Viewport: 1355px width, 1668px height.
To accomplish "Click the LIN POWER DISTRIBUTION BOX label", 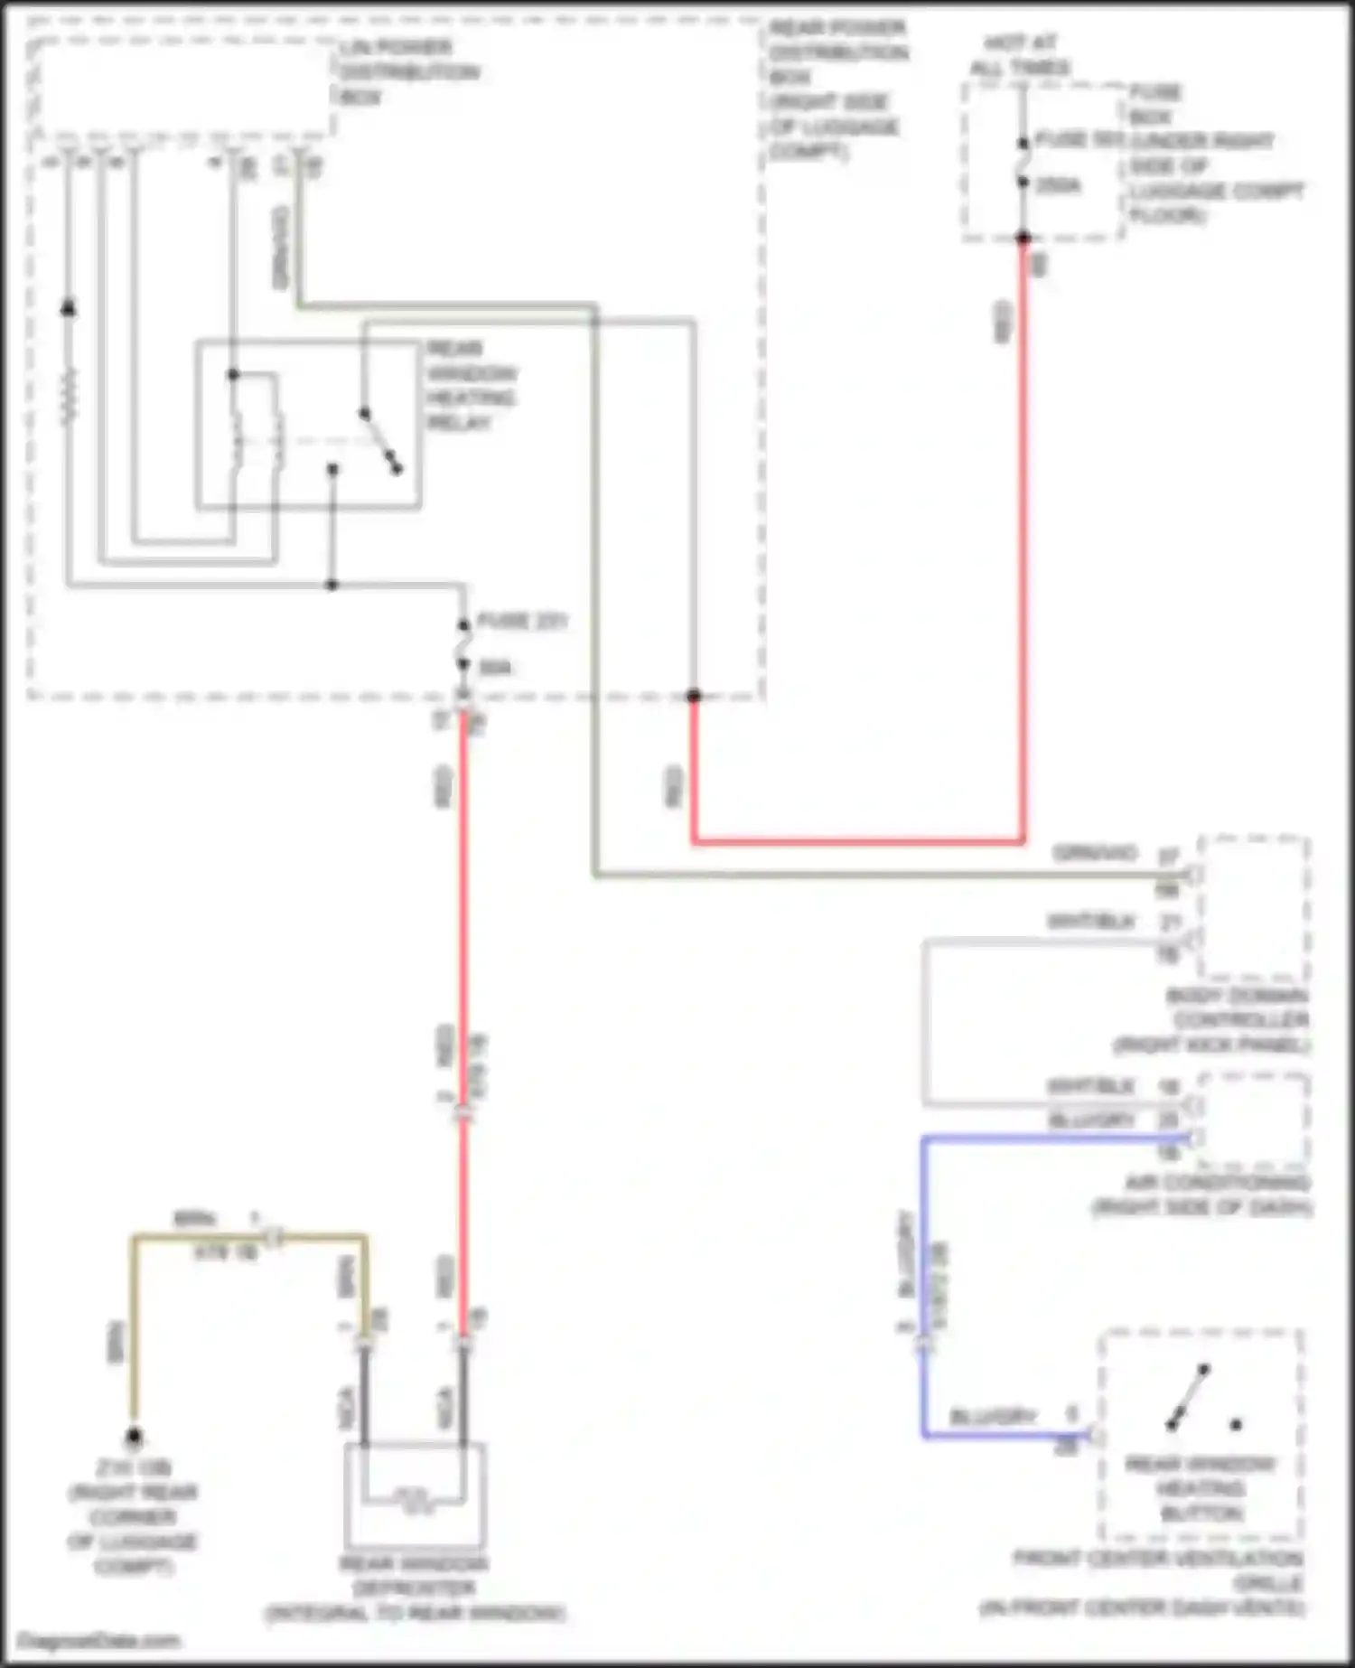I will coord(408,72).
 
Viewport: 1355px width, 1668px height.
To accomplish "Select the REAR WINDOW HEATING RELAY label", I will coord(471,386).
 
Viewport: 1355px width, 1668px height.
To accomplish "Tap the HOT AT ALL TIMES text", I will coord(1020,55).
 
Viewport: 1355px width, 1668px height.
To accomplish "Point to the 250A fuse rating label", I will coord(1058,186).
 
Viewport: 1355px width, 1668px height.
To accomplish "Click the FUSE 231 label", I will coord(521,622).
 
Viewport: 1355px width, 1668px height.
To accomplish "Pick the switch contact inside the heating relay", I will coord(380,441).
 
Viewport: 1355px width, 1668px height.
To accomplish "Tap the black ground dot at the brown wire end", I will coord(134,1436).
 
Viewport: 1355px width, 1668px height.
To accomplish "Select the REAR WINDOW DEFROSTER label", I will coord(415,1588).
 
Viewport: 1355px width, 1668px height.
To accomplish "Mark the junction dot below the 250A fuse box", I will coord(1023,239).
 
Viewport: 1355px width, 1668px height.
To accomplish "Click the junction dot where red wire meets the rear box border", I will coord(693,696).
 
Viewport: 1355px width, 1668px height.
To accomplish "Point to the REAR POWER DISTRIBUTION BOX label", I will coord(836,89).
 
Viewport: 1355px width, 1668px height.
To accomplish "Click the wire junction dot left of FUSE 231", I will coord(332,585).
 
